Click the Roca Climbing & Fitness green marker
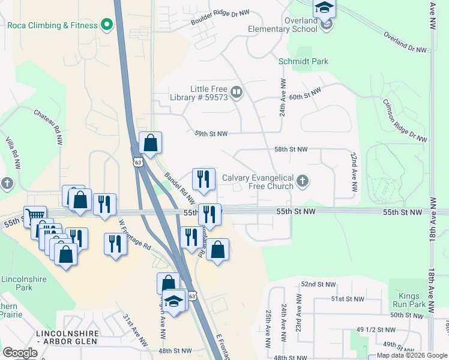pos(107,25)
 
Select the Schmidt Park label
pos(303,61)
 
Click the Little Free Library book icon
pos(237,92)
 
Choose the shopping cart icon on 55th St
pos(35,215)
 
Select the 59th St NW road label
pos(211,134)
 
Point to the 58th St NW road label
pos(291,149)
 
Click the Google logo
pos(20,353)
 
